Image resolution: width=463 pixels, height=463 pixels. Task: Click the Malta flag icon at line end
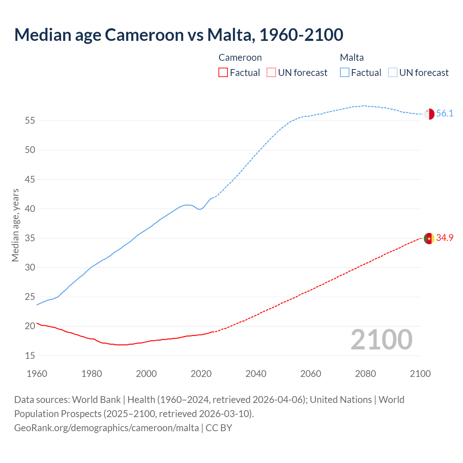click(x=429, y=114)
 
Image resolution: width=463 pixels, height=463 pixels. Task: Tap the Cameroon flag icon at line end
click(x=429, y=239)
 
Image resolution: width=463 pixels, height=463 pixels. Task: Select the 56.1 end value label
click(x=445, y=114)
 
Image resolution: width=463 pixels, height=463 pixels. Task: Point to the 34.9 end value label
click(x=445, y=238)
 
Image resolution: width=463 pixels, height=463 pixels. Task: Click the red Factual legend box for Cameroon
click(x=223, y=73)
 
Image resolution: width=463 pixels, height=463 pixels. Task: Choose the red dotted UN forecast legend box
click(x=271, y=73)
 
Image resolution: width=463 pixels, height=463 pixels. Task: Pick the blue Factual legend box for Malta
click(x=345, y=73)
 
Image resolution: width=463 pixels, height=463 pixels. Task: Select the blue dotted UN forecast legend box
click(x=393, y=73)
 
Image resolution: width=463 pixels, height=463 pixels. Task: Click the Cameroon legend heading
click(x=240, y=58)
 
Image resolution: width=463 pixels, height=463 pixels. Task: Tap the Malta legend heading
click(x=352, y=58)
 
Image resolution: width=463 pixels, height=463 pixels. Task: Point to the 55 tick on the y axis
click(x=30, y=121)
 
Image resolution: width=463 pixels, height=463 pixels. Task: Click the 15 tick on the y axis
click(x=30, y=356)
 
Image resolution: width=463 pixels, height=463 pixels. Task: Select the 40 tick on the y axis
click(x=30, y=209)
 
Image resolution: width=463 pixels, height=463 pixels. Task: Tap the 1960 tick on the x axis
click(x=37, y=374)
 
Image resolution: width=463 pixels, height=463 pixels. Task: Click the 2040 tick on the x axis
click(x=256, y=374)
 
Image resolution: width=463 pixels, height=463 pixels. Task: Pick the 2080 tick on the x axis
click(x=365, y=374)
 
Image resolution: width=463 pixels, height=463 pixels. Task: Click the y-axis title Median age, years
click(x=15, y=225)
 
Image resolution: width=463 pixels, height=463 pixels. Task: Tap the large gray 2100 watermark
click(x=381, y=340)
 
